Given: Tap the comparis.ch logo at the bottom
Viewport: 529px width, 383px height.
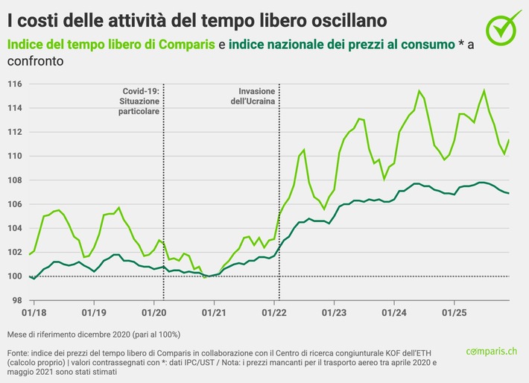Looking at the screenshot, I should (x=492, y=351).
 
